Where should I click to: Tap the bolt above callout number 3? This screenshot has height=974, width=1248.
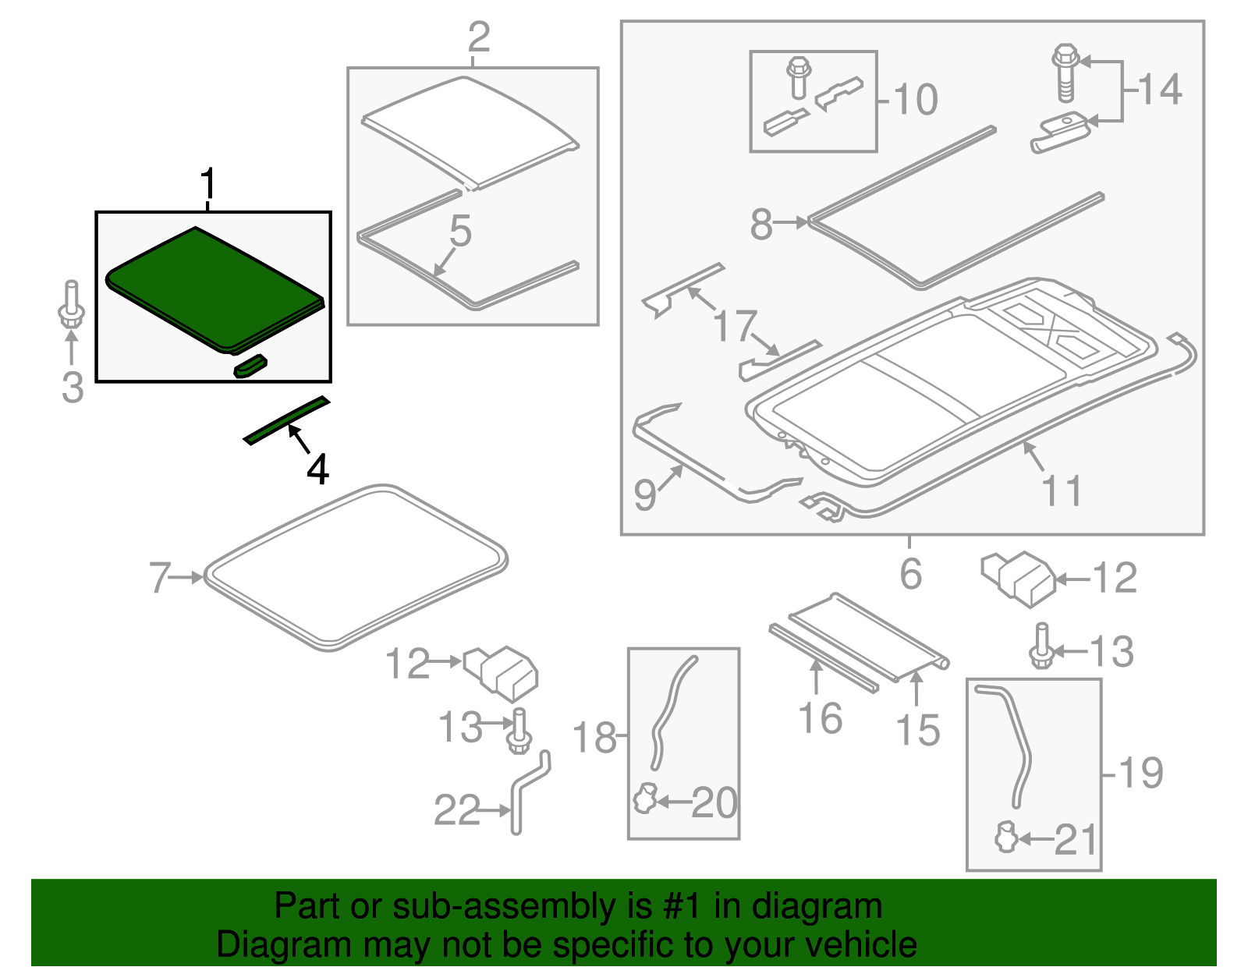click(71, 306)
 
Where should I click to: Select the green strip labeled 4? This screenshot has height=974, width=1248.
click(285, 421)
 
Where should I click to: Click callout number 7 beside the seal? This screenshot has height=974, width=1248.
click(160, 578)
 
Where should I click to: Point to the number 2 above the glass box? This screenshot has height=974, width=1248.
click(478, 37)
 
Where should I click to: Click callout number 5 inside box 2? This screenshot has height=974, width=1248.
click(460, 232)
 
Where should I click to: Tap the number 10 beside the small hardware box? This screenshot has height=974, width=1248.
click(915, 100)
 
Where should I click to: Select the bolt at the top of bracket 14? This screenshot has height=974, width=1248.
click(1065, 73)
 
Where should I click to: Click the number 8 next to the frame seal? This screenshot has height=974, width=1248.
click(760, 225)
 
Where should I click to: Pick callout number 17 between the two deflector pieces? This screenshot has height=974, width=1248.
click(736, 326)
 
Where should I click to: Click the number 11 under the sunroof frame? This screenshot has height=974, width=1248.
click(1062, 491)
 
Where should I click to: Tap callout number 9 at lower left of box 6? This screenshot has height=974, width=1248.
click(645, 494)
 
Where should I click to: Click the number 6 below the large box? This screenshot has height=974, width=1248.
click(910, 574)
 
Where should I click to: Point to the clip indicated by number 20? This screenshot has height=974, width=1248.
click(644, 799)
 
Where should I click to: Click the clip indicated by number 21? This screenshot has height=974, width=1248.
click(1005, 838)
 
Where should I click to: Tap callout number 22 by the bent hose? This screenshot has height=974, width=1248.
click(456, 810)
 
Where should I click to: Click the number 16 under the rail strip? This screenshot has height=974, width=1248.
click(820, 718)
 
